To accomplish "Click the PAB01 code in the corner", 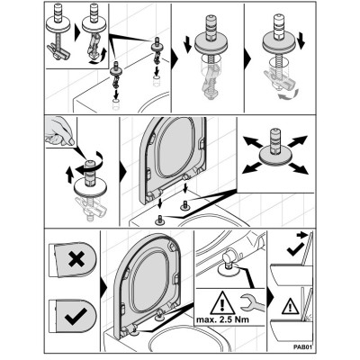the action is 303,347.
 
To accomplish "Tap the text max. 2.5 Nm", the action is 222,319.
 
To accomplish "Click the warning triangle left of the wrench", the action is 222,302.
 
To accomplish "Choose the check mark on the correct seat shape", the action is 76,316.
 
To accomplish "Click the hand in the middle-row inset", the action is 59,131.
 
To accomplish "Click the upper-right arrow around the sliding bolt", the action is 298,141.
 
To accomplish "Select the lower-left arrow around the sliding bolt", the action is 252,167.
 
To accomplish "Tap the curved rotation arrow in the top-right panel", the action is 287,94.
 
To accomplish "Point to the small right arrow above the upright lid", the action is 301,235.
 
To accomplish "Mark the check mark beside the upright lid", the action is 294,249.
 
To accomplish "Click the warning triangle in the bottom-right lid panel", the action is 291,307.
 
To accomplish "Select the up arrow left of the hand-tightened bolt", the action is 69,175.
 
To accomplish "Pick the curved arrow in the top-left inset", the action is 99,58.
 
